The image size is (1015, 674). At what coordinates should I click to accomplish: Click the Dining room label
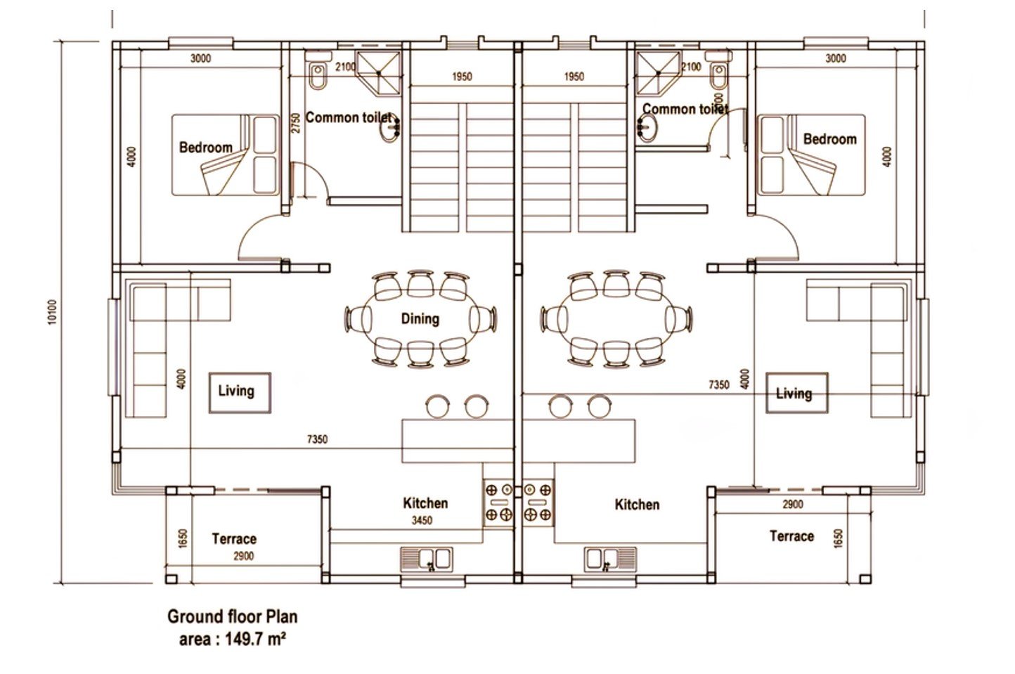[420, 319]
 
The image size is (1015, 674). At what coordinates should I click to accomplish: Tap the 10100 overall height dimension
[53, 311]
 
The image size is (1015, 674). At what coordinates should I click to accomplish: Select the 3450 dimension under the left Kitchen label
[422, 521]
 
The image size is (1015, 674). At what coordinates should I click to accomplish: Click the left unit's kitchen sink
[427, 559]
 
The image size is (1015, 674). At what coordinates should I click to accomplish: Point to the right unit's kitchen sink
[610, 559]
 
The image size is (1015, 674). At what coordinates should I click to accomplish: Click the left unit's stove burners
[498, 503]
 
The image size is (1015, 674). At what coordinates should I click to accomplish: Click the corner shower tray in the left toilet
[378, 73]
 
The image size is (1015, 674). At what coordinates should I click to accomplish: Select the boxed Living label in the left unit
[240, 393]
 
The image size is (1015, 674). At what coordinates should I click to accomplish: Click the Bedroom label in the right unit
[829, 139]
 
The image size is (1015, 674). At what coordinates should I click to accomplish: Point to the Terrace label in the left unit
[234, 539]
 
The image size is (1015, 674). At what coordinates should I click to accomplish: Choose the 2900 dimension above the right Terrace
[792, 504]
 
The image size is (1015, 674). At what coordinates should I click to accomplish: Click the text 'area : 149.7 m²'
[233, 639]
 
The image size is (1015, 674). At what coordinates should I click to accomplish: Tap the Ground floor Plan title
[233, 617]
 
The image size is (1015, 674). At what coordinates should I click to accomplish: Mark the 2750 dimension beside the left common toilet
[296, 123]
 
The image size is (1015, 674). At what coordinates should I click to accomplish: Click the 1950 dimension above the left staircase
[462, 77]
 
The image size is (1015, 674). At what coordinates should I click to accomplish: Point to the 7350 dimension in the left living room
[317, 439]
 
